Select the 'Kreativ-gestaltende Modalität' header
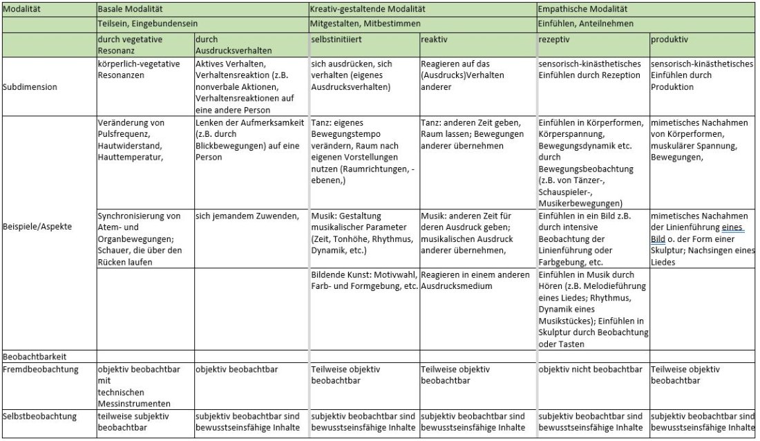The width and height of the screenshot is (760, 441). click(368, 10)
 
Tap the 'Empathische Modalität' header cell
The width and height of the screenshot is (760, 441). click(584, 10)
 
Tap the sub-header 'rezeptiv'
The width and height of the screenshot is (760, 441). click(553, 40)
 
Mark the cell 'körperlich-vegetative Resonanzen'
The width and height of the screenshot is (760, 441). click(139, 69)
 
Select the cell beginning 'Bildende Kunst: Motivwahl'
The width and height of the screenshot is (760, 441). click(364, 281)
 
